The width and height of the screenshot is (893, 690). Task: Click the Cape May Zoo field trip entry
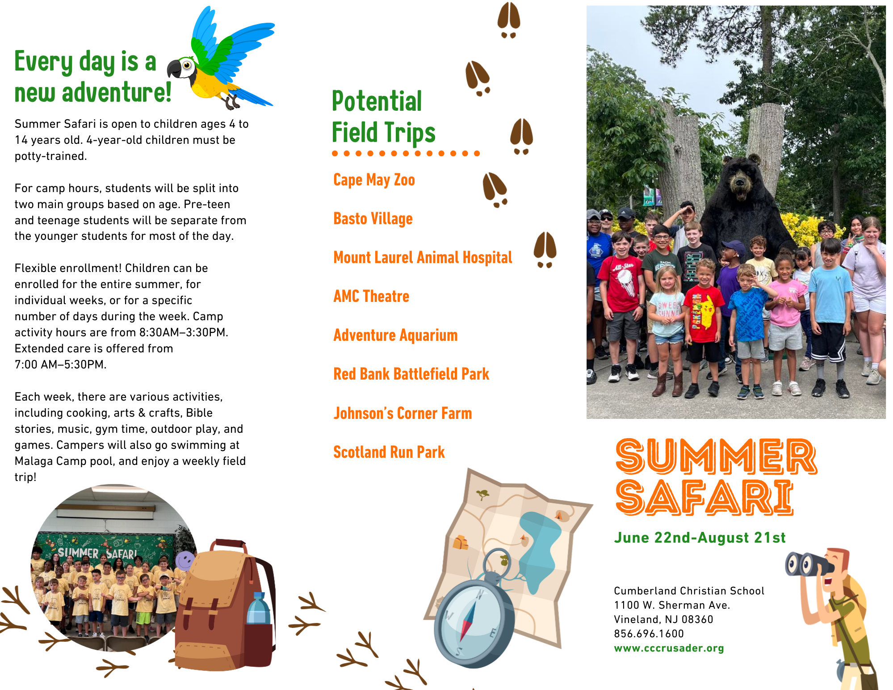point(374,180)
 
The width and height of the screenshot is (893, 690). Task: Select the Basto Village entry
point(373,219)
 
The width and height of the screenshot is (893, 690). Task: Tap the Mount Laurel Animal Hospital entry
point(423,258)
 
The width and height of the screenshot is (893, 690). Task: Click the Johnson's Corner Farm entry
point(402,413)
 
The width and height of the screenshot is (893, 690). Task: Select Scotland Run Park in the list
point(389,452)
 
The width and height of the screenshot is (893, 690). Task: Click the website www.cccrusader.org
point(669,648)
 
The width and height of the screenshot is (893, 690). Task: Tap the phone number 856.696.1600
point(649,634)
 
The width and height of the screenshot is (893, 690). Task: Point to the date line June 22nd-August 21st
point(700,538)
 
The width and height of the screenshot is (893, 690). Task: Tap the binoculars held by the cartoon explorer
point(808,565)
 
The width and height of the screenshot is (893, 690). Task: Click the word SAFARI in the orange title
point(704,497)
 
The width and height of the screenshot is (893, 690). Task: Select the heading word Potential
point(377,101)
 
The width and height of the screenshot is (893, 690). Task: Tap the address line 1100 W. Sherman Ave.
point(672,605)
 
